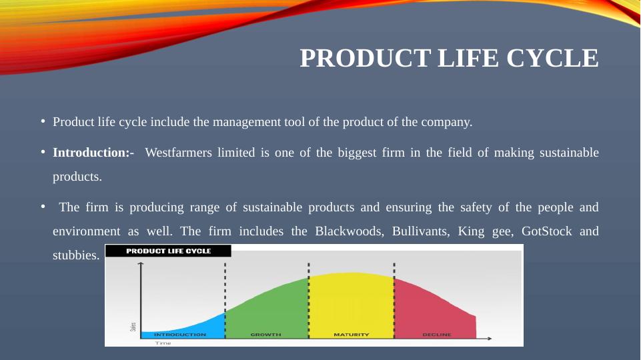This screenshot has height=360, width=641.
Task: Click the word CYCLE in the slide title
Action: pos(552,58)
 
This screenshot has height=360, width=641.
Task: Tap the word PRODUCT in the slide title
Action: pos(366,58)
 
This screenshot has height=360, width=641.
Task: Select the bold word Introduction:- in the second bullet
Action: pos(93,153)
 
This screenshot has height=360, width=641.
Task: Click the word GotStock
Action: pos(546,231)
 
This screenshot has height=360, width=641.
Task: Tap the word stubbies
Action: pos(76,255)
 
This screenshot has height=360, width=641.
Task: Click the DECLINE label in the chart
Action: pos(437,335)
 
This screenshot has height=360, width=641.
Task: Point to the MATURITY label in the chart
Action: pos(352,335)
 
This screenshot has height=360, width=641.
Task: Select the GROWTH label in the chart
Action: pos(265,335)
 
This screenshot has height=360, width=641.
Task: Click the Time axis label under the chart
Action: pos(163,343)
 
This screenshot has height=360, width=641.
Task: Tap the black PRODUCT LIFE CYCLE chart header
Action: pos(168,251)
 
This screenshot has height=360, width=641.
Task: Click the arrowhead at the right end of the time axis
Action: pos(489,339)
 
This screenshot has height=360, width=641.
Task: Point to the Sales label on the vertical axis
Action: pos(133,327)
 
